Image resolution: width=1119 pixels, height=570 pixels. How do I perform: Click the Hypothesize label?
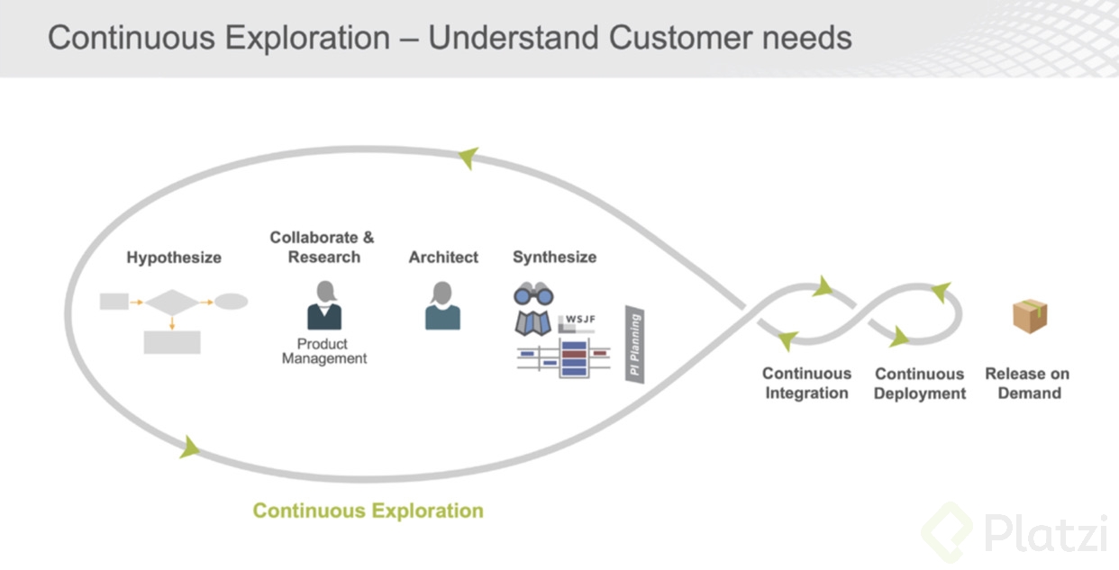pos(174,258)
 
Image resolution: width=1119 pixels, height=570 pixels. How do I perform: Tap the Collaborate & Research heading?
pos(322,248)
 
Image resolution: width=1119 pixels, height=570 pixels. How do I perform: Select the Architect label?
pos(443,258)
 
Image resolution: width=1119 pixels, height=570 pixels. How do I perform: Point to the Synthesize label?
pos(554,258)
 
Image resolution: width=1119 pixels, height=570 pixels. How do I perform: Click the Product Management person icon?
pos(324,305)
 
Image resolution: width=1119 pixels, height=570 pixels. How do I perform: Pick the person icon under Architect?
pos(442,305)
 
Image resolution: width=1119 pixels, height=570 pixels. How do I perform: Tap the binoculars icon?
pos(533,294)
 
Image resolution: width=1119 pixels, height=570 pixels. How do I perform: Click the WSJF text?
pos(581,319)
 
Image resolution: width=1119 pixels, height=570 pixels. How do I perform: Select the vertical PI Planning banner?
pos(635,345)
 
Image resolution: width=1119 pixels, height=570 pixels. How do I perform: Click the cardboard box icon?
pos(1029,316)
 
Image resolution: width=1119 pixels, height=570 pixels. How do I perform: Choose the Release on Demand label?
pos(1027,384)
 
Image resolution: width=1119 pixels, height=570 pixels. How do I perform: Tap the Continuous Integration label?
pos(806,384)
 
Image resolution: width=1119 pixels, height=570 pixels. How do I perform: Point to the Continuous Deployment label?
pos(919,384)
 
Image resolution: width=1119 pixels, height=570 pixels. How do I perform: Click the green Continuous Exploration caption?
pos(368,511)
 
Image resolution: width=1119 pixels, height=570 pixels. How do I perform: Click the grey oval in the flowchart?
pos(231,303)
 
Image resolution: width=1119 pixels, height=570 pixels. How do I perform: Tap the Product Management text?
pos(323,351)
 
